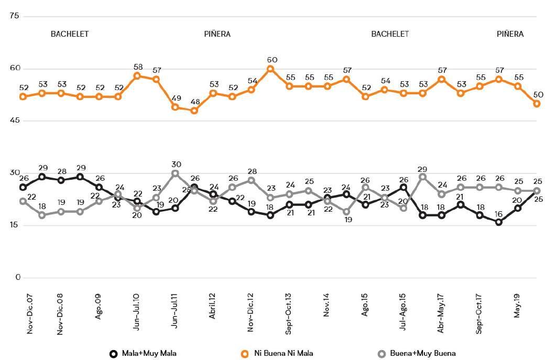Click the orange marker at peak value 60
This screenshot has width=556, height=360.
[270, 69]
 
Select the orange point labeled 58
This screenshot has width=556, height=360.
[137, 75]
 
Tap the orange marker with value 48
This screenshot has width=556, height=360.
[194, 111]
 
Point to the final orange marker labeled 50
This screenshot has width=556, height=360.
[537, 104]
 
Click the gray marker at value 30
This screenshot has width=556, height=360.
[176, 173]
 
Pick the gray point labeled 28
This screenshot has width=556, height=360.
[252, 180]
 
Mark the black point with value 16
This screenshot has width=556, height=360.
[499, 222]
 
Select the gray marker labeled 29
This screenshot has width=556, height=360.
[423, 177]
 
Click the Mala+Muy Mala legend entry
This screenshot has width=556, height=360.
[143, 354]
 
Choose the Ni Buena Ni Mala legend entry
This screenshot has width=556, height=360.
[276, 354]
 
